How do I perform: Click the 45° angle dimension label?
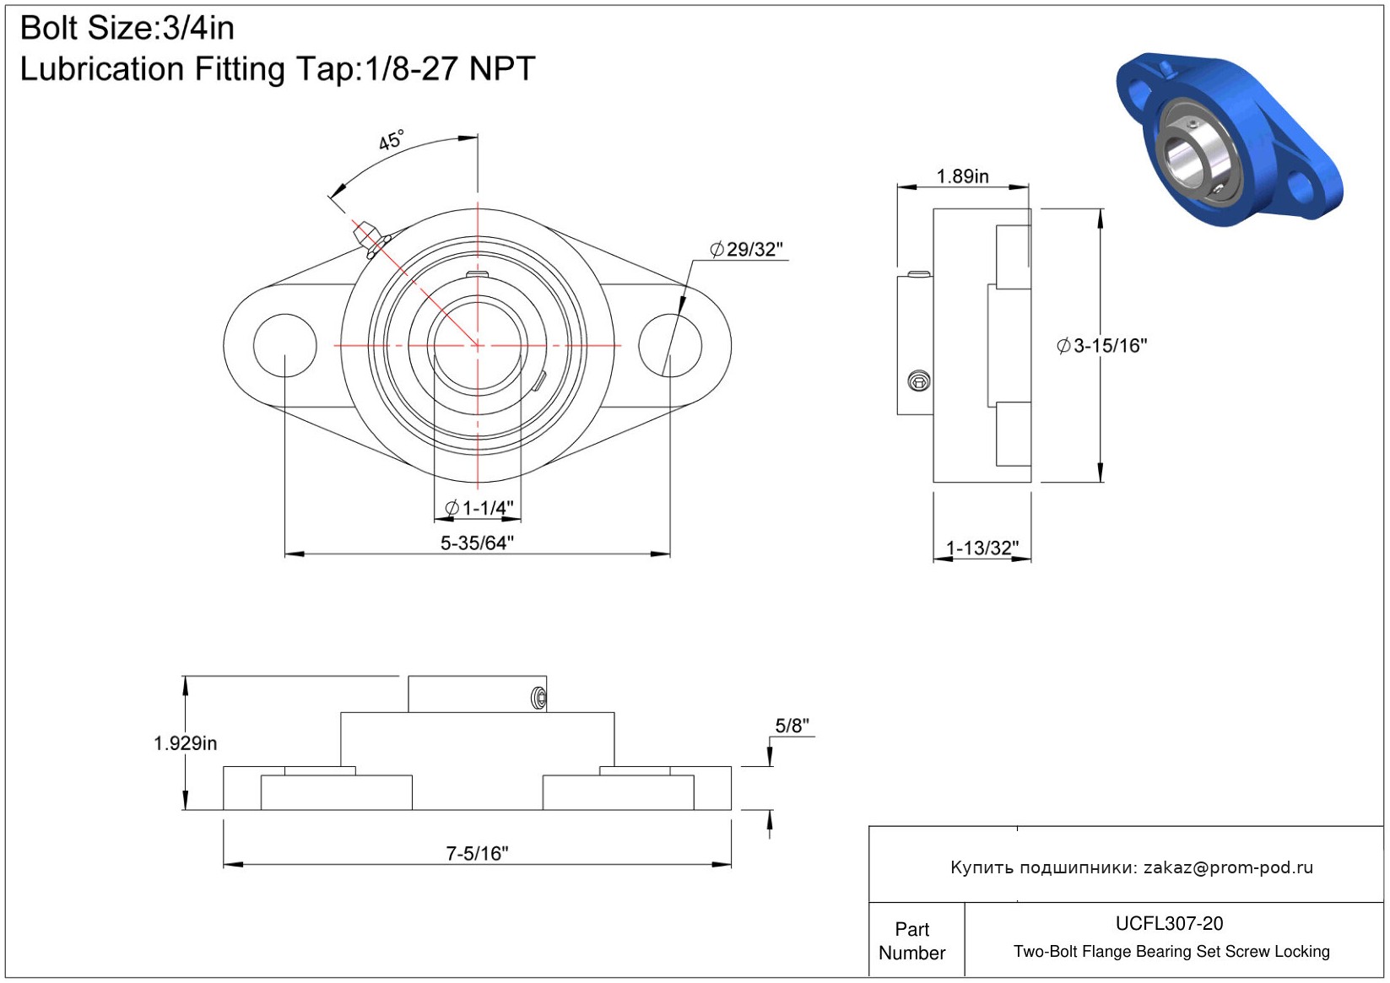(x=391, y=140)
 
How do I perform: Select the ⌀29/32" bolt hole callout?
(x=746, y=250)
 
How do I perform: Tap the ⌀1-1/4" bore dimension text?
(x=479, y=508)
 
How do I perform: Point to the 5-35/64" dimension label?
(x=477, y=543)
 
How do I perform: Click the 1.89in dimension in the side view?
(x=962, y=176)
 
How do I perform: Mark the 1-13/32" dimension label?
(x=982, y=548)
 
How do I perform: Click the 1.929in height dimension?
(x=185, y=743)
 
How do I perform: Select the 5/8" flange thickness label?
(x=792, y=726)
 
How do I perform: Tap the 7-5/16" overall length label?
(x=477, y=854)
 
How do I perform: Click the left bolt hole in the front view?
(x=285, y=345)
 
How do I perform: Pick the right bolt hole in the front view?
(x=670, y=345)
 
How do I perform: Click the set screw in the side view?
(x=919, y=381)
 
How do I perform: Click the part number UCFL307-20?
(x=1169, y=924)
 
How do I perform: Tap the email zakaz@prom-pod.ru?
(x=1228, y=867)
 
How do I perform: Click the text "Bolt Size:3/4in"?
(x=127, y=29)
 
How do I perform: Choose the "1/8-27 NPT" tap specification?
(x=450, y=69)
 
